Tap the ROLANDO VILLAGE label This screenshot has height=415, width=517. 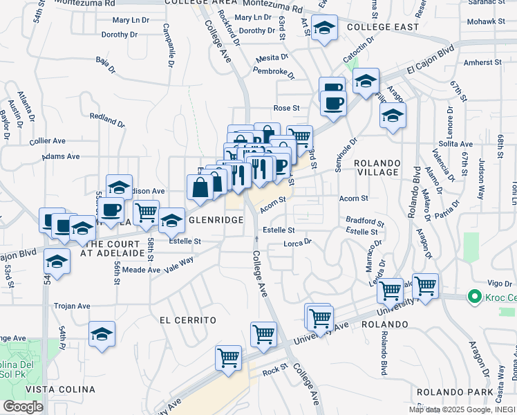(377, 167)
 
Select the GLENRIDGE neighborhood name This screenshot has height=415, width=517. (215, 219)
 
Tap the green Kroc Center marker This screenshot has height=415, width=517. (474, 297)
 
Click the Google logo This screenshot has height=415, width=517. (23, 406)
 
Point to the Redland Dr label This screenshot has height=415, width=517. (106, 119)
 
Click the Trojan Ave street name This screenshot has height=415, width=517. (73, 306)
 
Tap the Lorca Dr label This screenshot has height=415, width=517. (298, 243)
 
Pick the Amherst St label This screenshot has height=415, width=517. (483, 62)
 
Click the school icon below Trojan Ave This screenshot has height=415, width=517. (102, 334)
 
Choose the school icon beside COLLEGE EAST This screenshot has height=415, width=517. (323, 29)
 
